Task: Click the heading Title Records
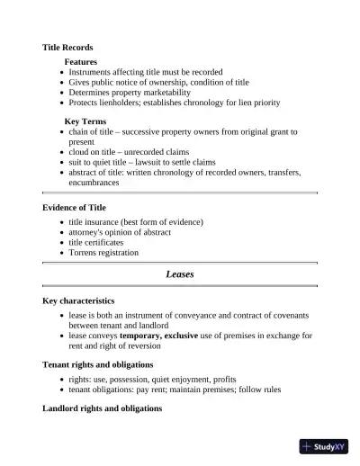pyautogui.click(x=67, y=47)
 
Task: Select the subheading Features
pyautogui.click(x=80, y=61)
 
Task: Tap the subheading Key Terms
pyautogui.click(x=85, y=120)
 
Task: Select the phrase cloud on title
pyautogui.click(x=94, y=152)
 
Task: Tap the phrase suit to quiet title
pyautogui.click(x=102, y=162)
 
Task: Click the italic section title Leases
pyautogui.click(x=180, y=273)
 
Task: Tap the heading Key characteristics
pyautogui.click(x=78, y=300)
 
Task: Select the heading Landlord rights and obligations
pyautogui.click(x=102, y=408)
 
